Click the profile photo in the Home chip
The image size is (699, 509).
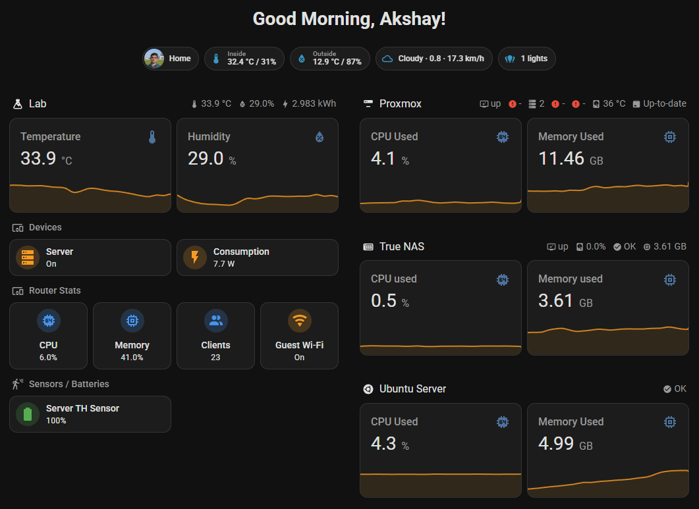[x=154, y=59]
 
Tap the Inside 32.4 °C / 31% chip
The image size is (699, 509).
[x=244, y=59]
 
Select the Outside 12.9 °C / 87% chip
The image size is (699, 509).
[x=329, y=59]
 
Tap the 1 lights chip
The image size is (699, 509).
[x=527, y=59]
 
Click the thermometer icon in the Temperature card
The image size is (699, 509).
[x=152, y=137]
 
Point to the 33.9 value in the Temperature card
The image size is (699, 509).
[x=38, y=158]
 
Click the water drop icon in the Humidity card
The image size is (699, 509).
[x=320, y=137]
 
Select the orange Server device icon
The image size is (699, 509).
[x=28, y=257]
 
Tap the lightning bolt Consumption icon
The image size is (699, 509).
[x=195, y=257]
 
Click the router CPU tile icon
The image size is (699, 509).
[x=48, y=321]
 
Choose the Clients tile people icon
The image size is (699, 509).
[x=215, y=321]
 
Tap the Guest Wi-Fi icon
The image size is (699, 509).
[x=300, y=321]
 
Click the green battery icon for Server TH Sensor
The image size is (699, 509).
[x=28, y=414]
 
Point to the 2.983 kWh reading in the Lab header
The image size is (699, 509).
[x=314, y=103]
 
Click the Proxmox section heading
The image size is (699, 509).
[x=400, y=103]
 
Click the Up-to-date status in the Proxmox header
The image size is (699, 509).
[x=664, y=103]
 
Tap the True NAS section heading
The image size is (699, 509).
[x=401, y=246]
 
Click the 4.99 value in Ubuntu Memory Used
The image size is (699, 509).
[x=556, y=443]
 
